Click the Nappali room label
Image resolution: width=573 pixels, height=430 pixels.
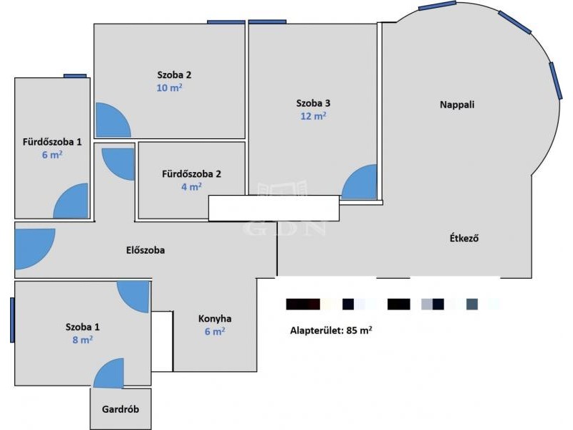457,105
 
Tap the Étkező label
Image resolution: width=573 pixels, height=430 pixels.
463,239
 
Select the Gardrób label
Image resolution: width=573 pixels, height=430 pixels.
120,409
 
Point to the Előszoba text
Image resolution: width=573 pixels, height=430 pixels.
145,250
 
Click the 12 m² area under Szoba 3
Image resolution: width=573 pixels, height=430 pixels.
313,116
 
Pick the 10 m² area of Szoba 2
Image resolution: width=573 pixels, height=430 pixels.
169,87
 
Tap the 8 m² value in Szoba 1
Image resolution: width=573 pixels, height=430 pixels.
82,340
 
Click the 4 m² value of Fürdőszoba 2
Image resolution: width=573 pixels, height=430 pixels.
191,187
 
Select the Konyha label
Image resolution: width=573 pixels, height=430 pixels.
214,318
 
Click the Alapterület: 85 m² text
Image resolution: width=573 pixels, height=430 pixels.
331,330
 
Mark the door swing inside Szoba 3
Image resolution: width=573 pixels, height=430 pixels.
359,182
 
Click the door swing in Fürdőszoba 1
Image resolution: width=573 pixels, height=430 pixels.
71,201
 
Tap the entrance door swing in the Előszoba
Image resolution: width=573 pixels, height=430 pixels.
34,249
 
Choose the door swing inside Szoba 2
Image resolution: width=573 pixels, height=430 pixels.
113,120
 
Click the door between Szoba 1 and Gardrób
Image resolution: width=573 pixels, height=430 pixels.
109,373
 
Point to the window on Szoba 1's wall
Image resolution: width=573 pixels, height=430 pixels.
12,320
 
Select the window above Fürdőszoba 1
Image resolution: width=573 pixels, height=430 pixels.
75,76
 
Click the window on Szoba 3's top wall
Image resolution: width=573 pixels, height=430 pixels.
267,22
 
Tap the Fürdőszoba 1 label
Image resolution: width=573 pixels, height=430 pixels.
52,142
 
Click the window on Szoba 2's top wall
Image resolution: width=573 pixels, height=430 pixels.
226,22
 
